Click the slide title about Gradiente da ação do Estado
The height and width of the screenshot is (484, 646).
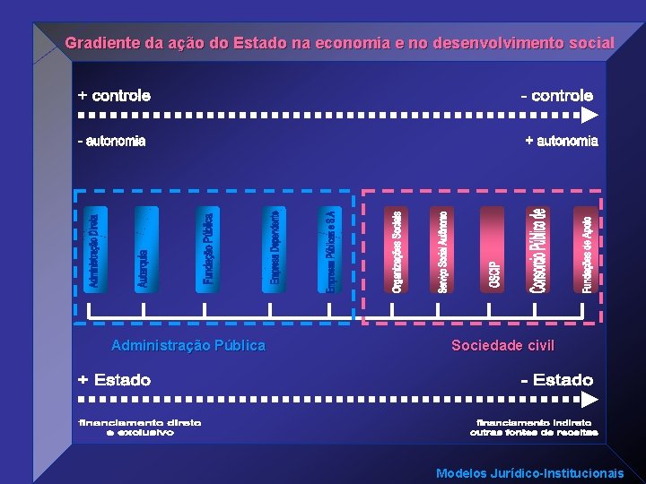[x=339, y=43]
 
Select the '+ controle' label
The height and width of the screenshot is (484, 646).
[x=114, y=95]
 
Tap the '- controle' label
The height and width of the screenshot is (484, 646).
[x=557, y=95]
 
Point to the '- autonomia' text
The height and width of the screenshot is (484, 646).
[x=112, y=141]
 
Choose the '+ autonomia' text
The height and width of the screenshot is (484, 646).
[x=561, y=141]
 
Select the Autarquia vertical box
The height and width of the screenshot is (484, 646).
[x=145, y=249]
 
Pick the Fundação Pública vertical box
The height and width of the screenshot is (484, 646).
[x=207, y=249]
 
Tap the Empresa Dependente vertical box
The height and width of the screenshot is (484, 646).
[x=275, y=249]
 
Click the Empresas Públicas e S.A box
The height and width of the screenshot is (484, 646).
[x=331, y=249]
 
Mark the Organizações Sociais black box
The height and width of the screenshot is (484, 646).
[x=397, y=249]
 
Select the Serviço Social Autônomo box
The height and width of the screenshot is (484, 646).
[x=442, y=249]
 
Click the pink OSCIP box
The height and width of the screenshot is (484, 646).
[x=493, y=249]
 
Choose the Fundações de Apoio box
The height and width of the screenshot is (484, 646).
[x=586, y=249]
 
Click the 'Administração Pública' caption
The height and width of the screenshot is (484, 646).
[x=188, y=345]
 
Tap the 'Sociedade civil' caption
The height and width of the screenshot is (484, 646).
[x=502, y=345]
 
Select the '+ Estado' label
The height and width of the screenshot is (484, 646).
[x=114, y=380]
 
